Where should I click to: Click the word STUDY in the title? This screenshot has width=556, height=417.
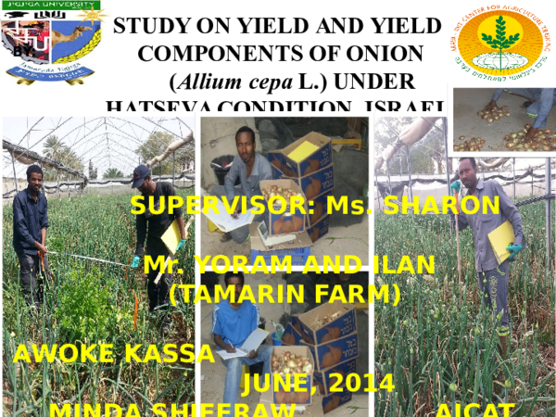[x=146, y=26]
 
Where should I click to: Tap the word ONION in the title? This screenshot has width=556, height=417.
[x=388, y=53]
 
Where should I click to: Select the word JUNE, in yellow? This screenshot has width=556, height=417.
[x=277, y=383]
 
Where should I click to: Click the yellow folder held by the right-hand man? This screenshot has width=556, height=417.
[x=500, y=238]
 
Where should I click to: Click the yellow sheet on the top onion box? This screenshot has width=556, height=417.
[x=302, y=149]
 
